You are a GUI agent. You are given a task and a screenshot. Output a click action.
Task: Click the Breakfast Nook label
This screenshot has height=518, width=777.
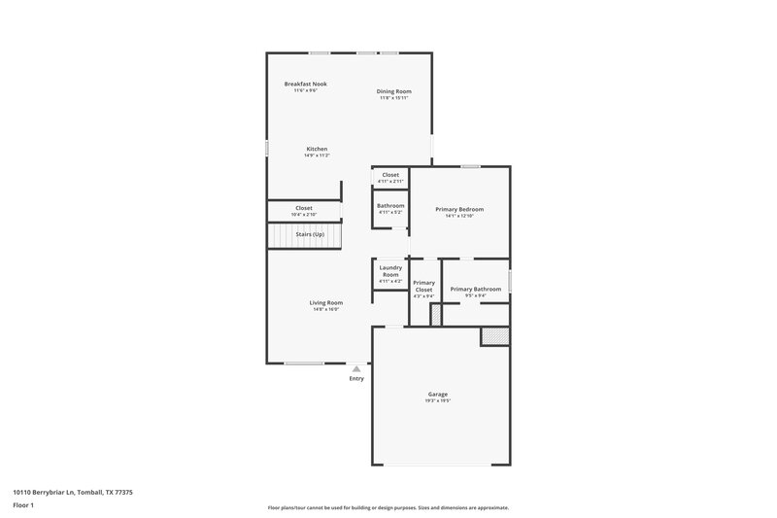305,85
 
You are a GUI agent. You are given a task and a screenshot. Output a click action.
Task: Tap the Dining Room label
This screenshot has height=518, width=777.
393,91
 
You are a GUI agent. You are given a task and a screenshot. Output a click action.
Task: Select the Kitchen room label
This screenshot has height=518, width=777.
318,149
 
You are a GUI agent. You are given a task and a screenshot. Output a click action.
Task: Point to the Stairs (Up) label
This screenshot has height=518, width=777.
310,234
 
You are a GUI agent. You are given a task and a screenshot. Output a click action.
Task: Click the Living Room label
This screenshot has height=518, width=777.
326,302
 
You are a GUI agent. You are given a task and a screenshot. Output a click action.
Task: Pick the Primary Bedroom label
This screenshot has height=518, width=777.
459,209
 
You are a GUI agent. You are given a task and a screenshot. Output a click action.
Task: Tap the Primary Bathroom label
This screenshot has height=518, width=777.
475,289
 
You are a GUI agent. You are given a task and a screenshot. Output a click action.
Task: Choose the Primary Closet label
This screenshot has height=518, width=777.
423,287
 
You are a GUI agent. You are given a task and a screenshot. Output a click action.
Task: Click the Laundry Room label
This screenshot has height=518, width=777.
389,271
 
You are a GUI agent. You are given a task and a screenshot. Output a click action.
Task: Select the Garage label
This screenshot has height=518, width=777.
437,394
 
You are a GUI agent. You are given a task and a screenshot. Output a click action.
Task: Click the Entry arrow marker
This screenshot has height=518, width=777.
356,369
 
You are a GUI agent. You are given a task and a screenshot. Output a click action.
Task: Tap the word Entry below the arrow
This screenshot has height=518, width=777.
356,378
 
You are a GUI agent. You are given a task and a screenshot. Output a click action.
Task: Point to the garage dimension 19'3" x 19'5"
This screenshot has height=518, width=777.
437,399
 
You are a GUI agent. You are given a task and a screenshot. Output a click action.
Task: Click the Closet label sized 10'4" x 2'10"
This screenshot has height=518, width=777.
304,208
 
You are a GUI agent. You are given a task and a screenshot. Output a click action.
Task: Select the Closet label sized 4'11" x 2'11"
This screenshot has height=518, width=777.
389,175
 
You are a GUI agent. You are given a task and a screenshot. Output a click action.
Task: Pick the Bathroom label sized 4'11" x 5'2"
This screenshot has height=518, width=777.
390,205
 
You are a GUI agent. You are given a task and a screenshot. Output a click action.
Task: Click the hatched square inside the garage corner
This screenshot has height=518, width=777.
494,335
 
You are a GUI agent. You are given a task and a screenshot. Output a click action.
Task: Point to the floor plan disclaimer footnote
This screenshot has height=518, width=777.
388,507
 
